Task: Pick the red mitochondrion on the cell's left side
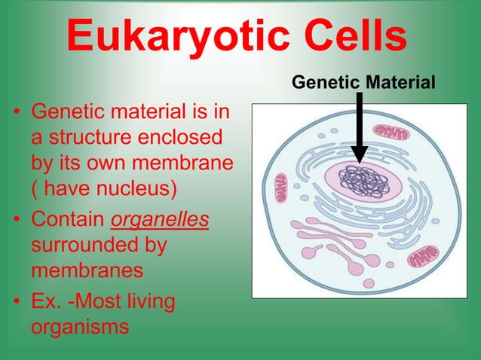click(280, 186)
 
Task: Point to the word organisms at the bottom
click(80, 328)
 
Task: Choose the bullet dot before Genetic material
click(17, 116)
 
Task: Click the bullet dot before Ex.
click(17, 304)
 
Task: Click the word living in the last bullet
click(147, 304)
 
